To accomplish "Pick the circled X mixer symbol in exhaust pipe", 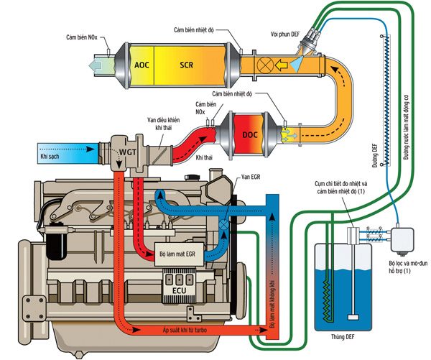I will [264, 65].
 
